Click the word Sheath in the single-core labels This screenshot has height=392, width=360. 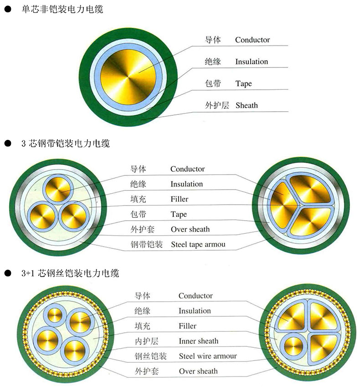(247, 105)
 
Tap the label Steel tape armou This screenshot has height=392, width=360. (198, 244)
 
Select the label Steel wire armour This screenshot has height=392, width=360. (207, 356)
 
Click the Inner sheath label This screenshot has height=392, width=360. (198, 341)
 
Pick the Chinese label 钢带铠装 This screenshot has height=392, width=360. (147, 244)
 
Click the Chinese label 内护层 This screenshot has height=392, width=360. (146, 341)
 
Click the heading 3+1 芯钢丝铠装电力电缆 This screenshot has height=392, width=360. (70, 274)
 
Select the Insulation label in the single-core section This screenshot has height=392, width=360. (252, 62)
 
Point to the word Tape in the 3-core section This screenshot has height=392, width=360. (179, 214)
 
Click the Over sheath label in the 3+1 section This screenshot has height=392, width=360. (198, 371)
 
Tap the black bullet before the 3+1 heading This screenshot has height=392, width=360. (7, 274)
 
